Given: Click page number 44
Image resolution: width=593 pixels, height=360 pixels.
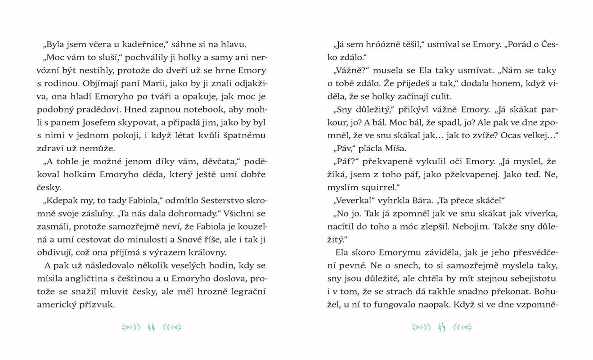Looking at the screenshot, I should (151, 327).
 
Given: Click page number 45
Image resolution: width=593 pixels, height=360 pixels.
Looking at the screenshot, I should (441, 327).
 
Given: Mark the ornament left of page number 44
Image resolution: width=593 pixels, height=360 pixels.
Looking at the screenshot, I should (130, 327).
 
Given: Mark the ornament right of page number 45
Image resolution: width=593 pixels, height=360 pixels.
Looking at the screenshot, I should (462, 327).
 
